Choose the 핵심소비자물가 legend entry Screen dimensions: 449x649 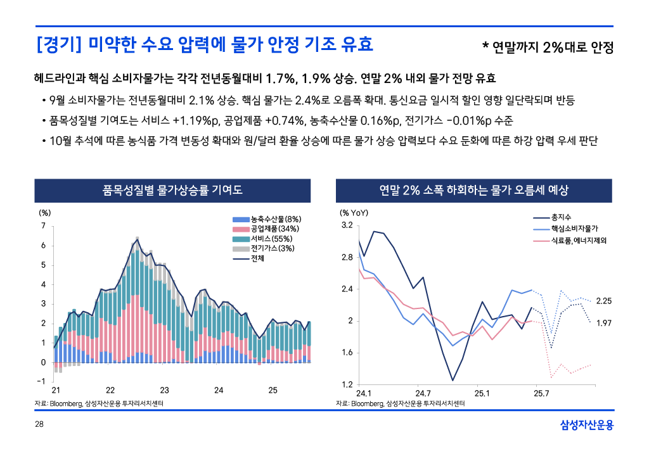(574, 229)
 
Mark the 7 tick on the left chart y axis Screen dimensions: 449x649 (42, 225)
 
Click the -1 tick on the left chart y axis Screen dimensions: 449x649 (41, 381)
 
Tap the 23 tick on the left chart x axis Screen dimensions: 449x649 (164, 390)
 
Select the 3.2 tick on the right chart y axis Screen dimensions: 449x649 (347, 225)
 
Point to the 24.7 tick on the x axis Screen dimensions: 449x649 (423, 393)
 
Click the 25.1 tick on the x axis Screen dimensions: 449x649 (482, 393)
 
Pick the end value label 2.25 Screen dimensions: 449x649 (604, 301)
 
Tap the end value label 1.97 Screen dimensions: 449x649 (604, 323)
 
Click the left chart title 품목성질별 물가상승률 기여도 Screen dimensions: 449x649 (172, 190)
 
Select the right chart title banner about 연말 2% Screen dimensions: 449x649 (474, 190)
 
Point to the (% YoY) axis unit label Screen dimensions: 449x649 (354, 213)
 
